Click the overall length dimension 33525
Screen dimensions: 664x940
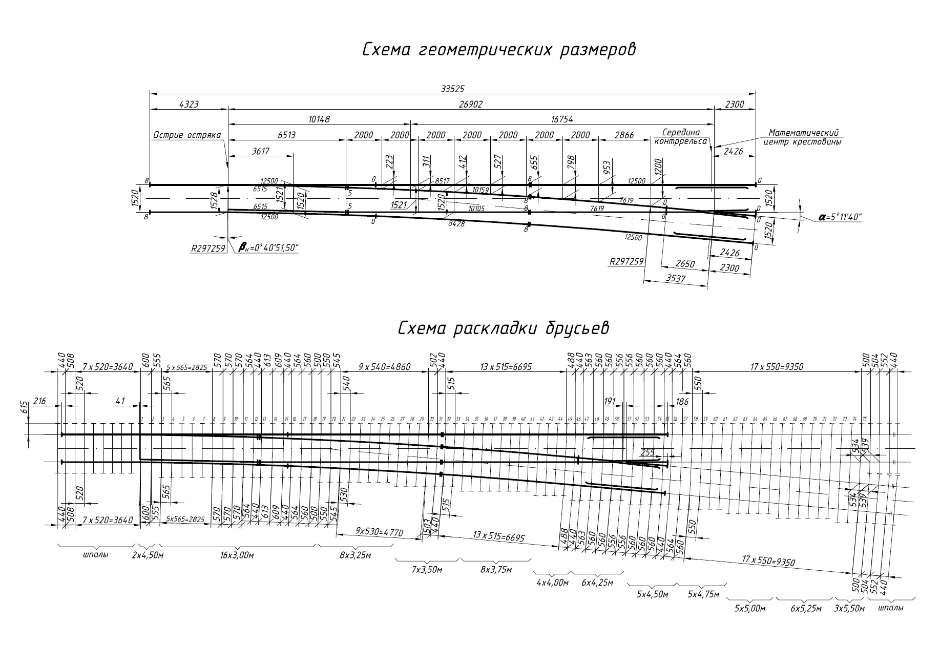point(452,89)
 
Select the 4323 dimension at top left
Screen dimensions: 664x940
point(189,104)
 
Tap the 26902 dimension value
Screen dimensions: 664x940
point(471,104)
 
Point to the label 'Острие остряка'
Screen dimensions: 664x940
point(186,135)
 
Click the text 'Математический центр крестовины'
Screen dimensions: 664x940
point(802,137)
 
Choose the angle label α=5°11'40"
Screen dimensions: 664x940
point(841,217)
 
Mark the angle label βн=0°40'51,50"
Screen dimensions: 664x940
point(268,248)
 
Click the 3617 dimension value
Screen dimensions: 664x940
point(260,151)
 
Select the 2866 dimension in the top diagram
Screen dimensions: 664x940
point(624,135)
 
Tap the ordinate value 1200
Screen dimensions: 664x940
point(658,167)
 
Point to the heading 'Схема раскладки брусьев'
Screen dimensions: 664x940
point(504,328)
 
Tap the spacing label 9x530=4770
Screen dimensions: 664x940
point(379,532)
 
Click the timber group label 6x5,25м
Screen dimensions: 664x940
point(805,608)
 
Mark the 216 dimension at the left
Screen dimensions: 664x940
point(39,401)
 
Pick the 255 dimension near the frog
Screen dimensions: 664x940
point(647,452)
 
